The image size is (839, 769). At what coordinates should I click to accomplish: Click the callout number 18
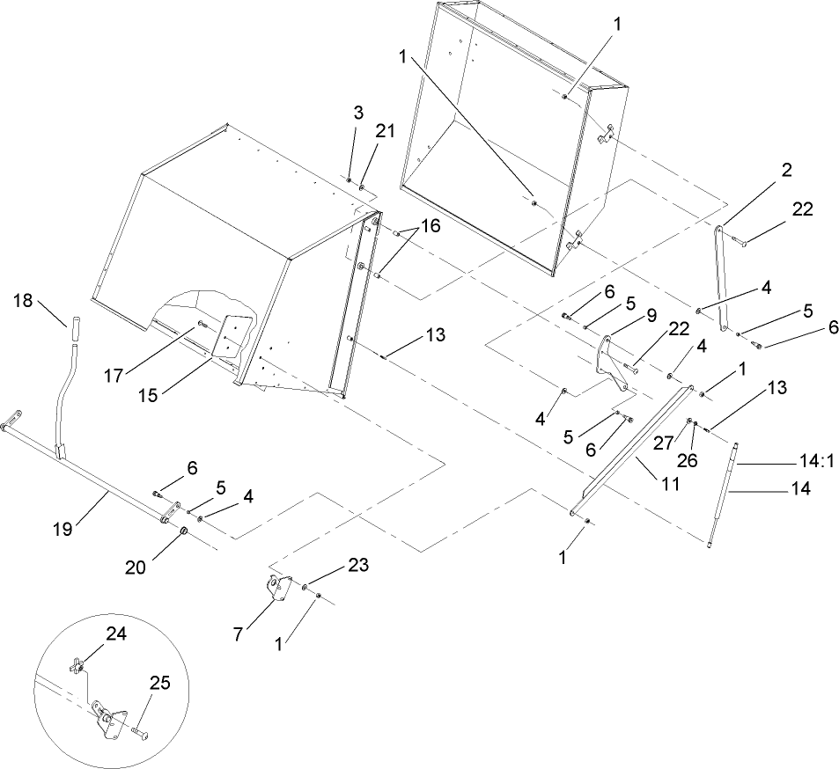25,301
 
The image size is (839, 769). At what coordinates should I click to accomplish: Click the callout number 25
160,683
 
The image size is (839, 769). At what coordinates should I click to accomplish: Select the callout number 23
335,568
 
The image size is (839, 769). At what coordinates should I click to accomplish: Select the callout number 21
385,131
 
